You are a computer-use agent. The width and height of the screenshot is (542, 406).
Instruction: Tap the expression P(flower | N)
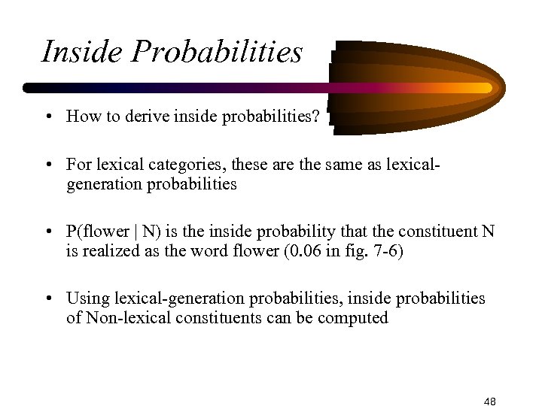[x=113, y=232]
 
